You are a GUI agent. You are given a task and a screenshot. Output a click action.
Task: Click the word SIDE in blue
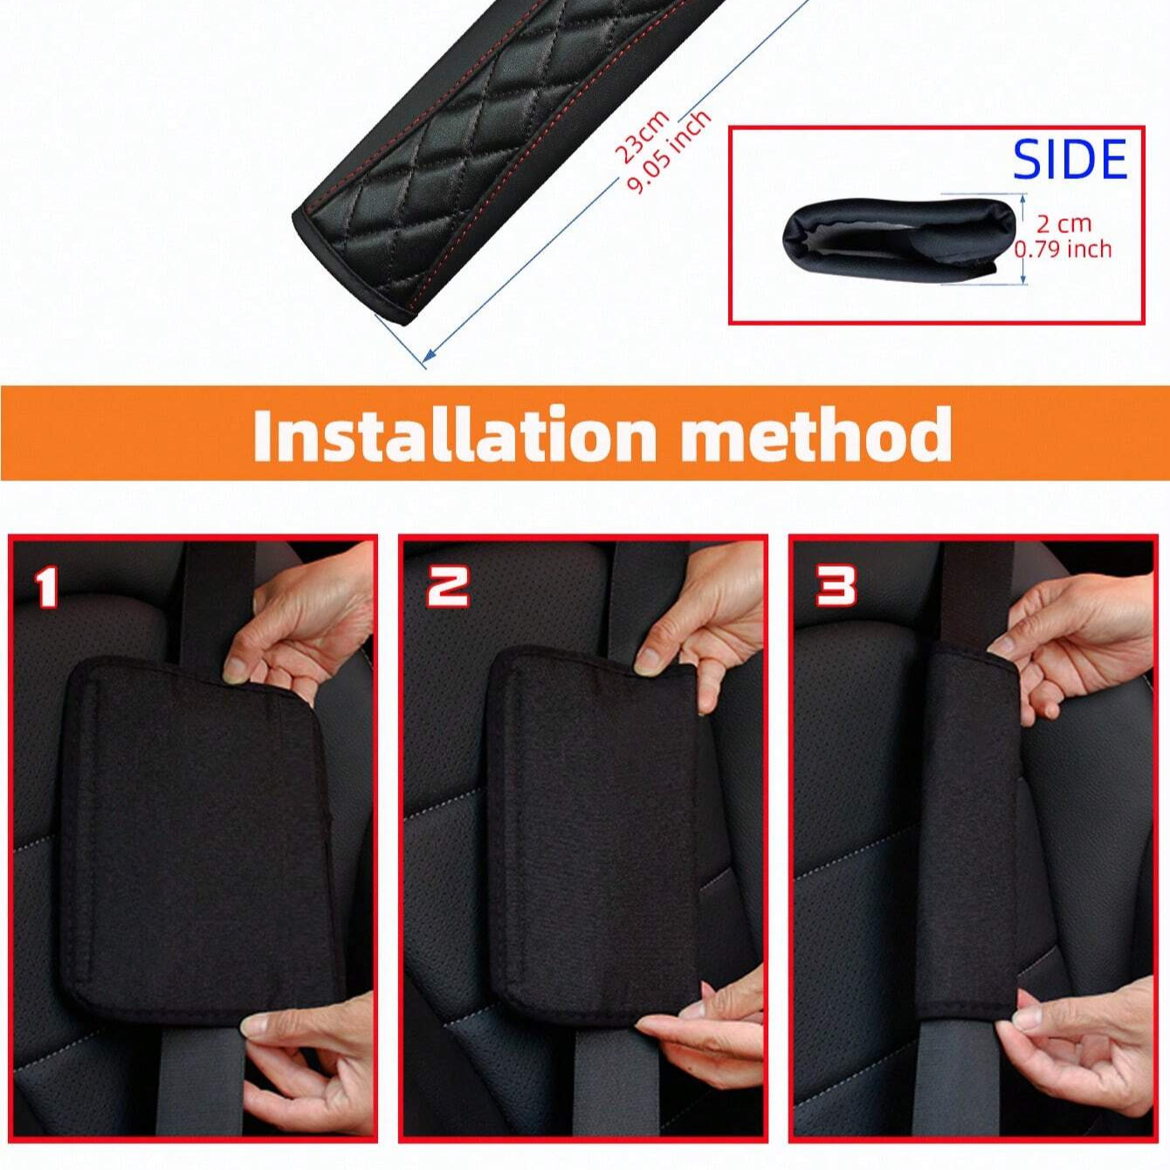click(x=1070, y=159)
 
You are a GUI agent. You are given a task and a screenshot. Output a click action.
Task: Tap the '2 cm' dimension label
click(x=1063, y=224)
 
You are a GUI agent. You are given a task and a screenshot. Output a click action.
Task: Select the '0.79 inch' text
click(x=1063, y=250)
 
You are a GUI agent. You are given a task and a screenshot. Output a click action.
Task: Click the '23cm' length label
click(x=642, y=136)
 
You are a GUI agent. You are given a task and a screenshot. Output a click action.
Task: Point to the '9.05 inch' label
click(x=669, y=154)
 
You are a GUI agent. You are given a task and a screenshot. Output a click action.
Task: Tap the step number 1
click(x=45, y=588)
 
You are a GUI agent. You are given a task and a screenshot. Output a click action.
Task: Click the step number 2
click(x=447, y=586)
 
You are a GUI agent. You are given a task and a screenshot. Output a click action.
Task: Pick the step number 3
click(x=836, y=585)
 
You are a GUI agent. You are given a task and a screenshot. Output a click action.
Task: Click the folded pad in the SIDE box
click(x=899, y=238)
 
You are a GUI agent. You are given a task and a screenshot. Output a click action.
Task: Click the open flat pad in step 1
click(x=201, y=838)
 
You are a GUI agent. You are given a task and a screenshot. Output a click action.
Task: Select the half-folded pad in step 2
click(x=594, y=829)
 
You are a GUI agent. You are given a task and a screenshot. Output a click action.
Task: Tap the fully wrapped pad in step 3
click(x=969, y=838)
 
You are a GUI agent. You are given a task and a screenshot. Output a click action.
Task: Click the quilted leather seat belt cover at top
click(x=489, y=148)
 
